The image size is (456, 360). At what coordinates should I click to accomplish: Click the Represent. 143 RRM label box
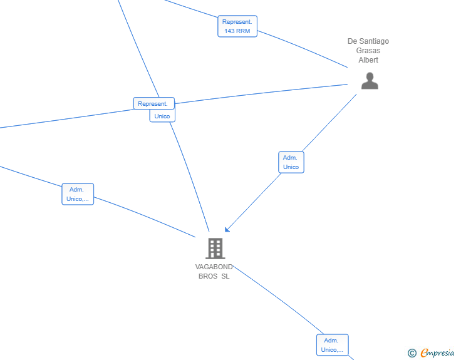point(237,26)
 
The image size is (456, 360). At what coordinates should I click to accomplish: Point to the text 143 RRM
point(237,31)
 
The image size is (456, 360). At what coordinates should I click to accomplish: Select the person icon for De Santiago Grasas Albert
point(370,81)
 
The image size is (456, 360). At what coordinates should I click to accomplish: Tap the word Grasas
point(368,51)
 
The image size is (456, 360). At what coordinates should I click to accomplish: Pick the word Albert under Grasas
point(368,60)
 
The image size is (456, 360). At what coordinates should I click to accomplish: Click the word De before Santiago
point(352,41)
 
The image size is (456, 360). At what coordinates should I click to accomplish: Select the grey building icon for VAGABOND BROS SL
point(215,249)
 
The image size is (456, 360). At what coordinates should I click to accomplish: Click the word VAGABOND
point(214,267)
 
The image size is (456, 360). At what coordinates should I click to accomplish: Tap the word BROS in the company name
point(208,276)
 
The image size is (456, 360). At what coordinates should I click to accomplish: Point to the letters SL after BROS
point(225,276)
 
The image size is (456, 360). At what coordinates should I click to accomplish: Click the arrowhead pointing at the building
point(227,229)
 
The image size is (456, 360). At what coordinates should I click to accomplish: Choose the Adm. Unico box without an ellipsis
point(291,162)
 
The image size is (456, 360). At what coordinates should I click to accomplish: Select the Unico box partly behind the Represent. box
point(162,116)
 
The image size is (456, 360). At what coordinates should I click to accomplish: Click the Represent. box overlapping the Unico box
point(154,103)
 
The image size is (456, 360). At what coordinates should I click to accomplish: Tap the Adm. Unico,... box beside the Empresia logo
point(333,345)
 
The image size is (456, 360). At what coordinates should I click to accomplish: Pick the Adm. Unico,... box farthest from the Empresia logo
point(78,194)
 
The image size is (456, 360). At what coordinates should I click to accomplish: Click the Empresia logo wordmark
point(437,352)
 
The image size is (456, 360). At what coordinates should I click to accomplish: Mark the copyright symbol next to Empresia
point(412,353)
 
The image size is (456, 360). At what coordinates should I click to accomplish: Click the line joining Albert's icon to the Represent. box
point(261,94)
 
